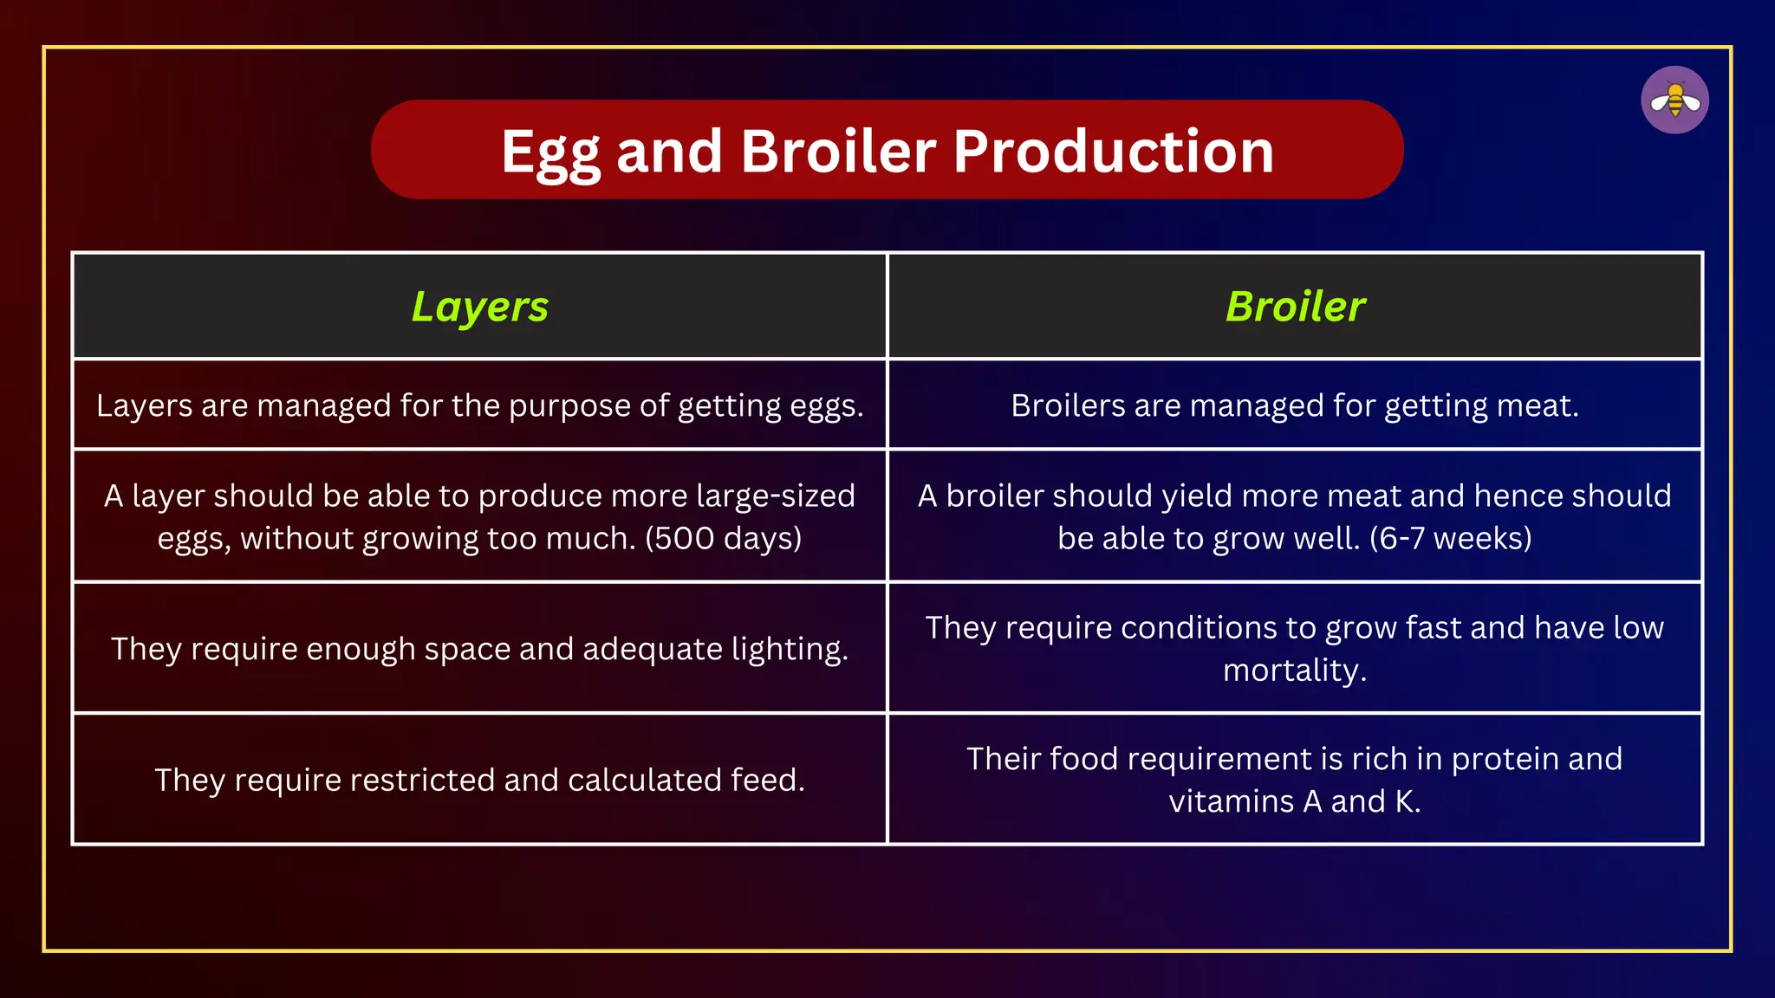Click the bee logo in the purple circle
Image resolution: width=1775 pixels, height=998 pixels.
1674,100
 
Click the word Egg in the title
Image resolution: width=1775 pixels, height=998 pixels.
550,152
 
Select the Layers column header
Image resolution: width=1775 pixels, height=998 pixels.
479,307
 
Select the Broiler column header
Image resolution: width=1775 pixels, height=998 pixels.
1295,307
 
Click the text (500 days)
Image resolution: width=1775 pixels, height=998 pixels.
723,538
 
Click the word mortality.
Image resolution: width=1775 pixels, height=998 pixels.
1294,671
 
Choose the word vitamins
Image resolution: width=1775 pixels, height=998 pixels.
1231,801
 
